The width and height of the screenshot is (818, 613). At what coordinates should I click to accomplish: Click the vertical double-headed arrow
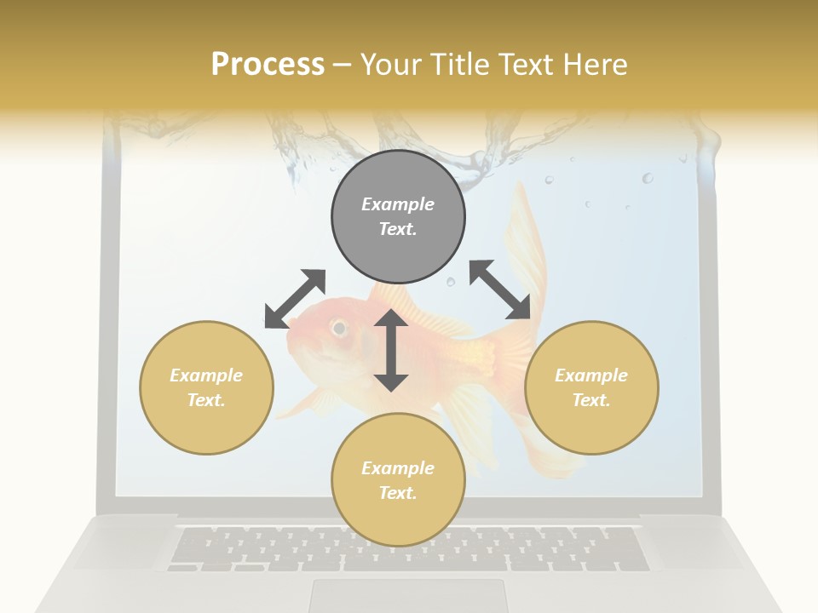pyautogui.click(x=391, y=350)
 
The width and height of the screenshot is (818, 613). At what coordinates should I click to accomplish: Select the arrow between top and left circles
pyautogui.click(x=295, y=298)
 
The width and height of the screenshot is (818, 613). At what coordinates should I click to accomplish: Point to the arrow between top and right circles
pyautogui.click(x=500, y=289)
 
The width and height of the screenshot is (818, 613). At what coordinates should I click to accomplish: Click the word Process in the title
pyautogui.click(x=268, y=64)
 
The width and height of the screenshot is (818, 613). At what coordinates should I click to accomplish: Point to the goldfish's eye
pyautogui.click(x=339, y=327)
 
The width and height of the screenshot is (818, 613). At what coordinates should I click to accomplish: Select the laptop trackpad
pyautogui.click(x=408, y=596)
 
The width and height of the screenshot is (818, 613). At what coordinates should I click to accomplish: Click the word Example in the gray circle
pyautogui.click(x=398, y=204)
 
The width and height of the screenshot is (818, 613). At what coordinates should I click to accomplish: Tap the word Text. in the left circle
pyautogui.click(x=206, y=400)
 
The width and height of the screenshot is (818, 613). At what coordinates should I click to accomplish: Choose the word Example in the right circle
pyautogui.click(x=591, y=375)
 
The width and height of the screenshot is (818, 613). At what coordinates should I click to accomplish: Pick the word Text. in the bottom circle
pyautogui.click(x=398, y=493)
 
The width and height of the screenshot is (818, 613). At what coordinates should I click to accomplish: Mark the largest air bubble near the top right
pyautogui.click(x=648, y=178)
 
